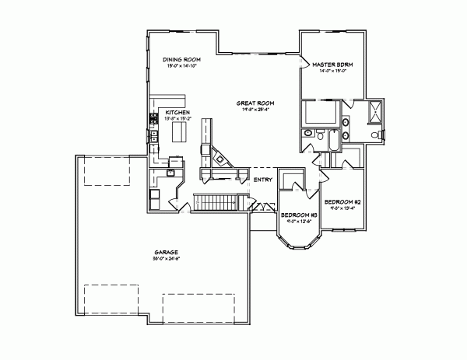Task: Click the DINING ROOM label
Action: pyautogui.click(x=182, y=60)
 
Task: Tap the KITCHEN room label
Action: pyautogui.click(x=178, y=113)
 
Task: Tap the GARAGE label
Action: pyautogui.click(x=167, y=253)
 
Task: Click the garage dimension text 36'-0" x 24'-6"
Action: pyautogui.click(x=167, y=260)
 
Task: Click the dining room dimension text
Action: pyautogui.click(x=182, y=67)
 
